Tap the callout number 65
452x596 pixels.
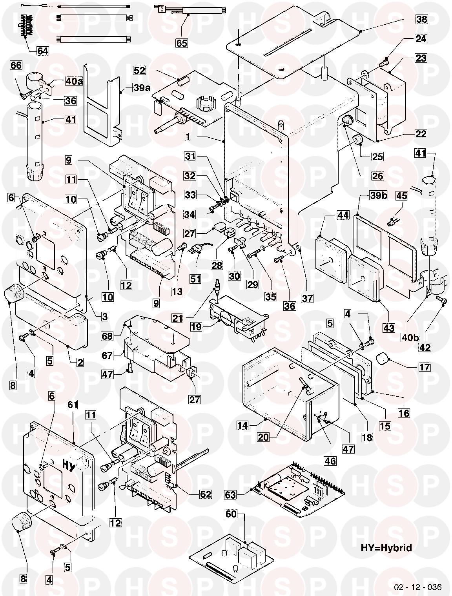point(182,43)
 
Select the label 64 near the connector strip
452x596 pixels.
point(43,51)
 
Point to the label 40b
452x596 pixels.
point(410,337)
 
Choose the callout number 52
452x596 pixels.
point(139,71)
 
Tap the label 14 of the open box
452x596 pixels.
point(242,425)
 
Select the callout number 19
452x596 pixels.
point(196,327)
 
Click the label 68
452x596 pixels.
point(107,336)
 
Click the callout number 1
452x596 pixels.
point(188,137)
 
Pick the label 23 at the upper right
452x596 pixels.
point(421,58)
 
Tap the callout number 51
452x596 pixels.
point(195,279)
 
